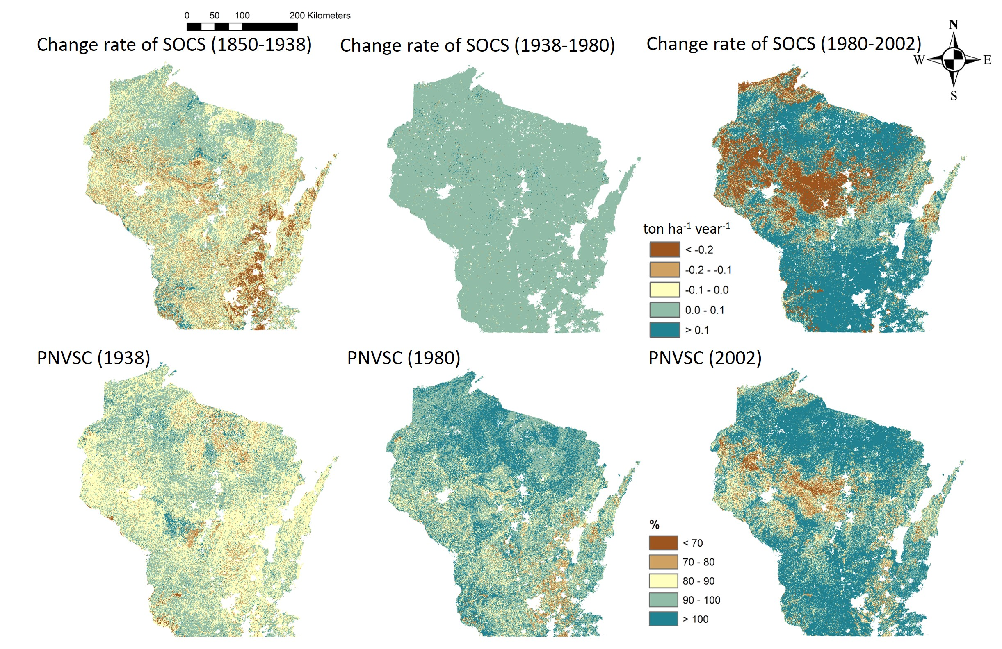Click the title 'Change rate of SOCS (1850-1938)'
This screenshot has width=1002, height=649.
(174, 45)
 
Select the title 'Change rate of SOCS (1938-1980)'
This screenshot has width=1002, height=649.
(477, 45)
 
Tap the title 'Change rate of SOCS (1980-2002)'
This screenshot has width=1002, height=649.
(783, 44)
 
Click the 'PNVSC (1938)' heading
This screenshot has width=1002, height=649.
(94, 358)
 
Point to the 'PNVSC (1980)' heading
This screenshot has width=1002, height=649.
(403, 358)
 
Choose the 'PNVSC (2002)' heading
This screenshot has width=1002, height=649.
(705, 358)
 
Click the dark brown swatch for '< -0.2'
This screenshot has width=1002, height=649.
(664, 250)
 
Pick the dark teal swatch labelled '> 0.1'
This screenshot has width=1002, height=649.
(664, 330)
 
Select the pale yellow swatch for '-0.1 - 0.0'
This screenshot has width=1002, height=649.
(664, 290)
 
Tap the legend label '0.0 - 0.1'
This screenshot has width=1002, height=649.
(704, 311)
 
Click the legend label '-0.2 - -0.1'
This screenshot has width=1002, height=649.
(708, 270)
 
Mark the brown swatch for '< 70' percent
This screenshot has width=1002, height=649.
(663, 543)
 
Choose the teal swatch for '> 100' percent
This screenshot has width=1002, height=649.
(663, 619)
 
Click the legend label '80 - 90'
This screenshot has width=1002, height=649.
(698, 581)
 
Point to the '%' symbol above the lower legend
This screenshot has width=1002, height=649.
(654, 524)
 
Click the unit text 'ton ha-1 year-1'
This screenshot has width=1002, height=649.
(686, 229)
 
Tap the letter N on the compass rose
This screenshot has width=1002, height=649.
(954, 25)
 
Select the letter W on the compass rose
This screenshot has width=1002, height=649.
(919, 60)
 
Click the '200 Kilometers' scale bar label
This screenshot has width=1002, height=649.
(320, 16)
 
